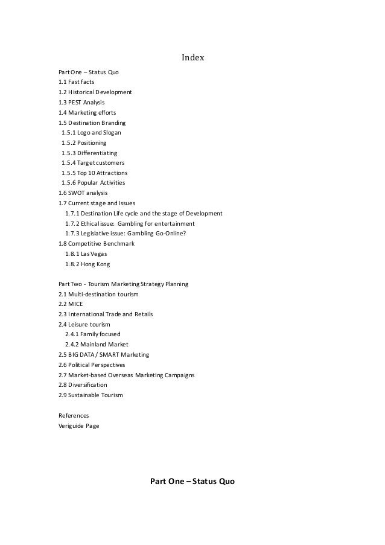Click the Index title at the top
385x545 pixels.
coord(193,59)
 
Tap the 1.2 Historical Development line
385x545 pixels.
coord(95,92)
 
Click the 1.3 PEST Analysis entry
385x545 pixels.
coord(81,103)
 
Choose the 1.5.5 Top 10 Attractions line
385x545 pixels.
coord(94,173)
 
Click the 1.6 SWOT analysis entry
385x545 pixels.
coord(82,193)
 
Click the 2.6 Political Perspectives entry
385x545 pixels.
coord(92,365)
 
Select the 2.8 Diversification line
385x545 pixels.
coord(83,385)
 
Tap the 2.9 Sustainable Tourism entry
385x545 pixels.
coord(91,395)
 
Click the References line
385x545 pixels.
coord(74,416)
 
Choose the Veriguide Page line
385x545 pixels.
coord(79,425)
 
